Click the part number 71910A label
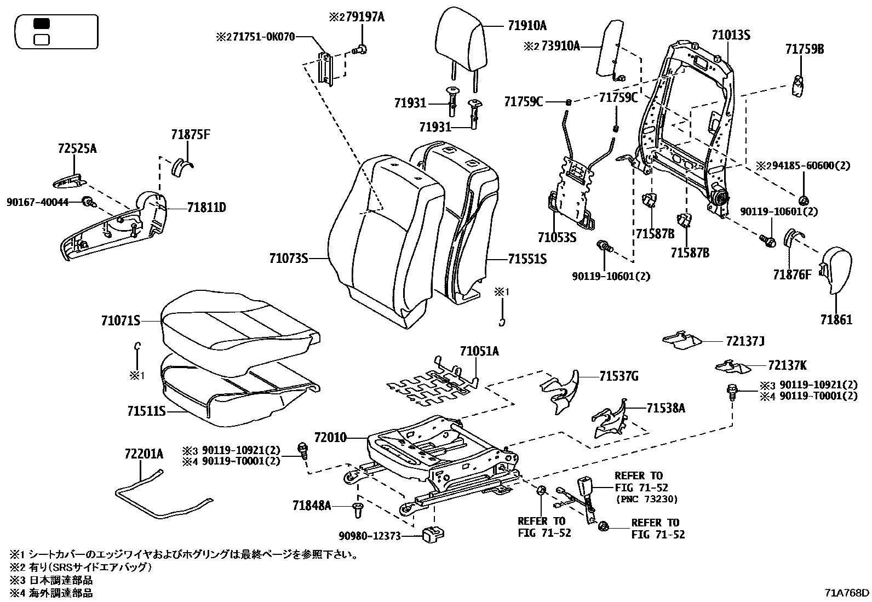point(526,25)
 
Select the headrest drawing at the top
point(461,38)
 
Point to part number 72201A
point(144,454)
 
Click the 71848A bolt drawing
point(358,509)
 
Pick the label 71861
point(836,320)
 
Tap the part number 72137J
point(744,342)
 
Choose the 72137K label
point(786,365)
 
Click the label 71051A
point(479,351)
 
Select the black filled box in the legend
point(42,24)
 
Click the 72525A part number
point(77,148)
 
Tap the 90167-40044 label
point(38,202)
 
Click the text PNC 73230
point(646,499)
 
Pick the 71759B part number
point(804,49)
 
